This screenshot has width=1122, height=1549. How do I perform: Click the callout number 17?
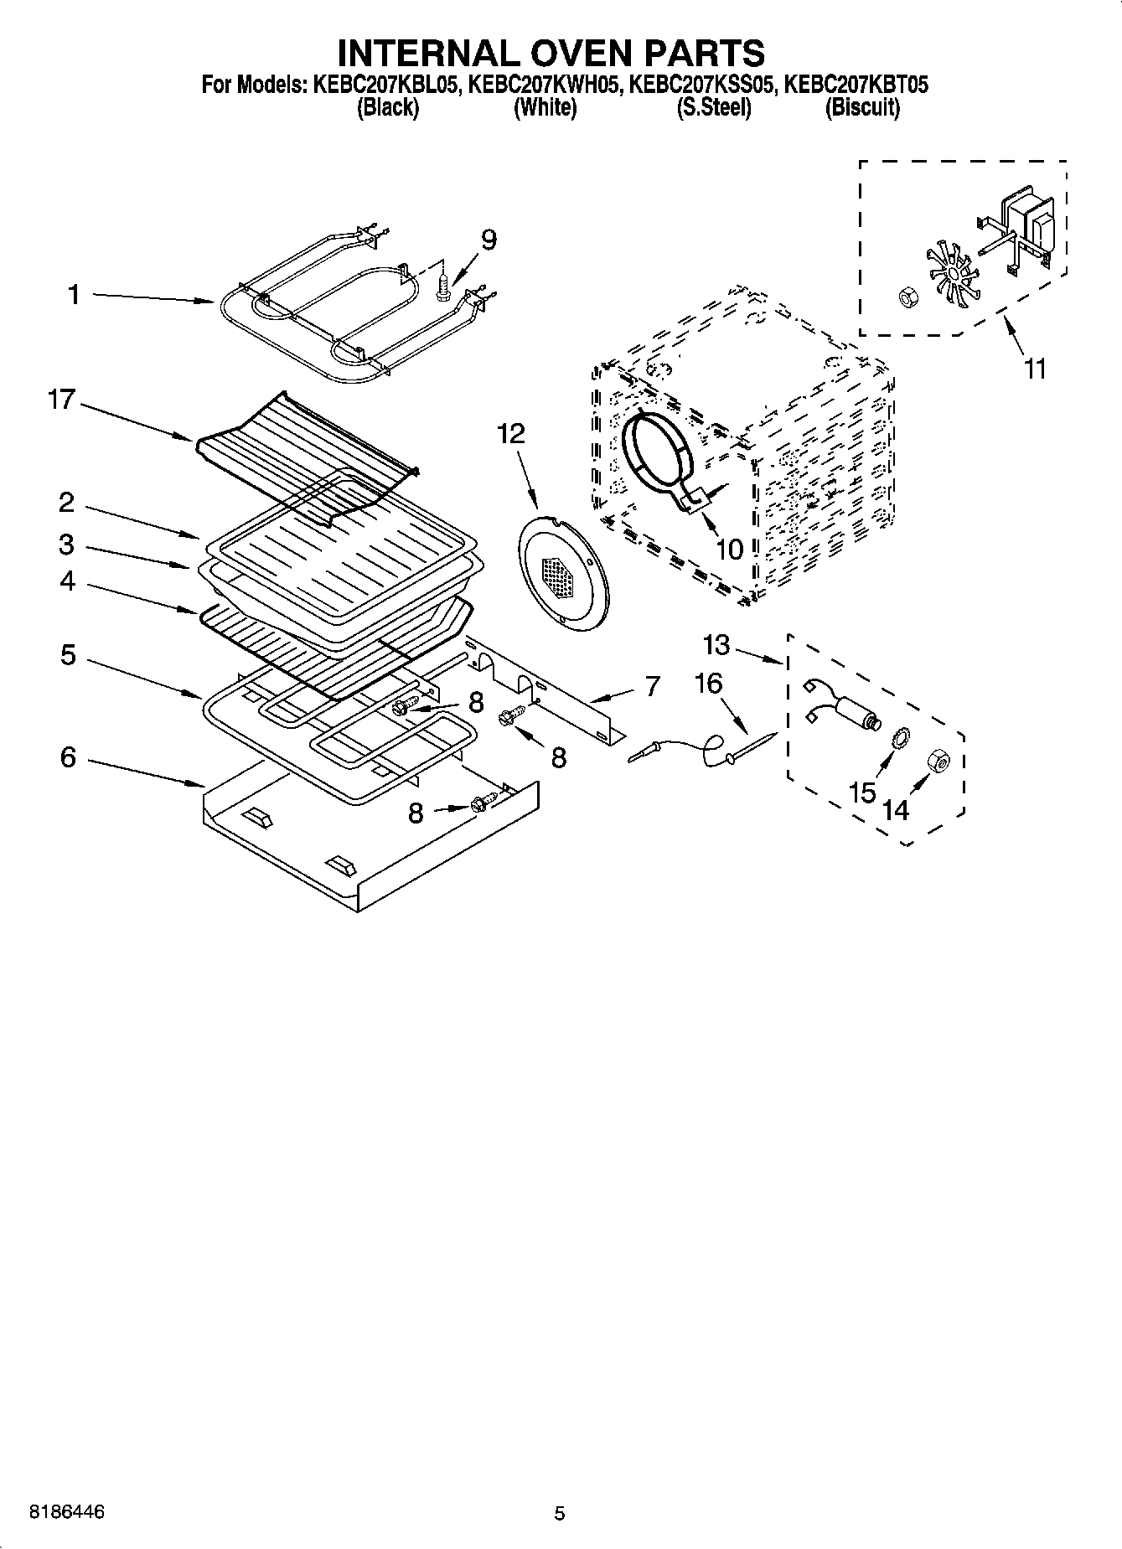(x=61, y=400)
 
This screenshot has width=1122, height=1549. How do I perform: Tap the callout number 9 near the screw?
(x=488, y=240)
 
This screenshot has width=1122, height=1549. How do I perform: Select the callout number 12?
(x=510, y=433)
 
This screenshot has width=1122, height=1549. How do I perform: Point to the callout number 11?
(x=1036, y=369)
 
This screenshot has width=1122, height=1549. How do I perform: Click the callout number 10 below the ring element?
(x=729, y=550)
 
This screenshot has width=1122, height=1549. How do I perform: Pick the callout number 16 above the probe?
(x=708, y=684)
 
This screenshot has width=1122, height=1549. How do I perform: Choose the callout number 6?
(x=68, y=757)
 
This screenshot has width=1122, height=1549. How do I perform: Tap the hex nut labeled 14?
(x=938, y=761)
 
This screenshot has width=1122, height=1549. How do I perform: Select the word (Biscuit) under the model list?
(x=862, y=107)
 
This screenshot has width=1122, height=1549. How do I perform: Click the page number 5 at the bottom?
(x=560, y=1513)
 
